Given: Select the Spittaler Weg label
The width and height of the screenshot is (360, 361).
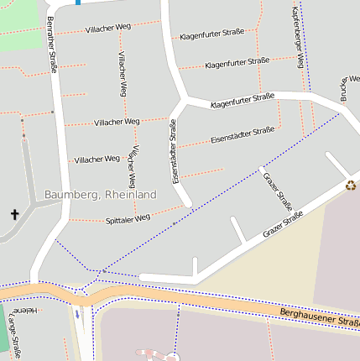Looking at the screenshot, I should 128,217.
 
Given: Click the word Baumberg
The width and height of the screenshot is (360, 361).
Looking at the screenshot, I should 72,194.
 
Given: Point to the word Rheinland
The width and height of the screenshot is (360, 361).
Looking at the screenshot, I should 131,194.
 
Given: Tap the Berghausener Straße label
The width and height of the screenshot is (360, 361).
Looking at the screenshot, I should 319,317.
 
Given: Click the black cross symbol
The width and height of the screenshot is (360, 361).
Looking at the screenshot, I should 14,215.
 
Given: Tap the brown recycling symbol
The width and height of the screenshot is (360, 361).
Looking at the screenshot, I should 351,186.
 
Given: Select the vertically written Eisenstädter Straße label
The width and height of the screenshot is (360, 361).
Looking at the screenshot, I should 175,152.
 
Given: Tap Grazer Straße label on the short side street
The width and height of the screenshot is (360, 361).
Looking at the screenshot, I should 278,191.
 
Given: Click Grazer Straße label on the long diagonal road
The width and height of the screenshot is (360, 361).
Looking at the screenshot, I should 282,223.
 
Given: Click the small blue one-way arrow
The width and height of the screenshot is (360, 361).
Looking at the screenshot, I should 77,316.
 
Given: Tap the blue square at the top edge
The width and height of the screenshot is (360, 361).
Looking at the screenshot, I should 78,3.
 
